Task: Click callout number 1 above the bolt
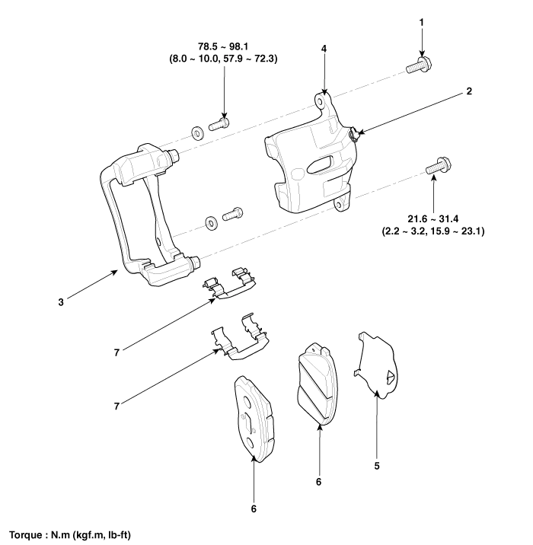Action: pyautogui.click(x=423, y=22)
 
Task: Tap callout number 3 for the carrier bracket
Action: pyautogui.click(x=60, y=302)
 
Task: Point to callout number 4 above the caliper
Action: pyautogui.click(x=324, y=48)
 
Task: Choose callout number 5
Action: pyautogui.click(x=377, y=465)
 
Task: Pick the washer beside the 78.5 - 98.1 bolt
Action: pyautogui.click(x=196, y=134)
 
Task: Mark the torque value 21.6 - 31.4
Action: pyautogui.click(x=435, y=219)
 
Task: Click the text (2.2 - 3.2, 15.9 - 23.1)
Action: pyautogui.click(x=435, y=231)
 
